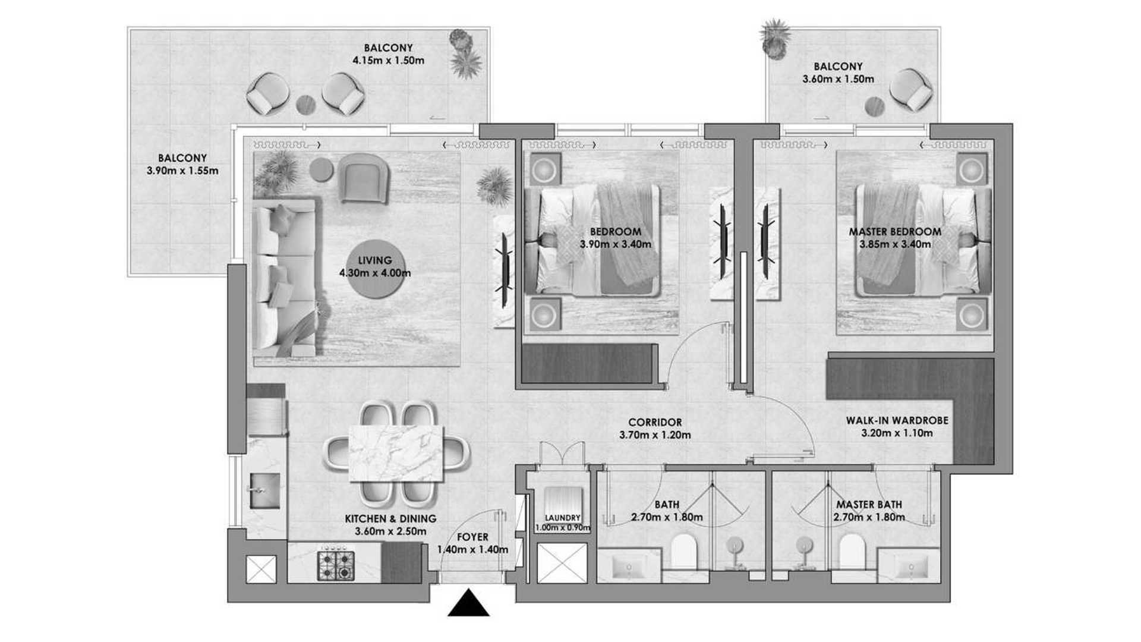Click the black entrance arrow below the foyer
468,603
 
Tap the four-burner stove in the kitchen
336,566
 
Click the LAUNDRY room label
562,518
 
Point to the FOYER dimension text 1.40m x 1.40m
472,550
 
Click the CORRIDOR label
655,423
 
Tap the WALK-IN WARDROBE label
897,420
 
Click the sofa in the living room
285,278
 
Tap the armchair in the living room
364,177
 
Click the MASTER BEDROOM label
895,232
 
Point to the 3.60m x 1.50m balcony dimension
838,79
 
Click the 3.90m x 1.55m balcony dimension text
182,171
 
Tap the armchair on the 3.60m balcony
912,90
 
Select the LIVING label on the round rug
375,260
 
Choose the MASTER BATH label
869,505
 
